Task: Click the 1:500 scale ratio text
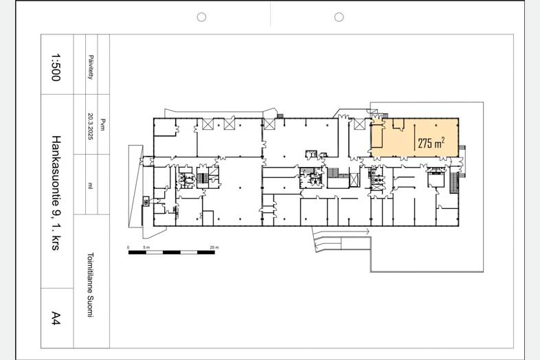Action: [x=56, y=67]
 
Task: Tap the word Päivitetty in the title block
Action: [x=91, y=67]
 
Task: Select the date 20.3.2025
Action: [x=91, y=126]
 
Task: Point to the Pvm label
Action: [x=102, y=124]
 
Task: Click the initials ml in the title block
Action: [x=90, y=185]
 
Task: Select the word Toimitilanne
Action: [x=90, y=273]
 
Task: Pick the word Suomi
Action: [x=90, y=306]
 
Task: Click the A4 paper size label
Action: [x=56, y=317]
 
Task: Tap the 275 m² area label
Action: [x=431, y=142]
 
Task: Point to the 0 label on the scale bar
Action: [x=128, y=247]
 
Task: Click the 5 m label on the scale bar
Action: [x=146, y=247]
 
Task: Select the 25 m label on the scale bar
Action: [x=214, y=247]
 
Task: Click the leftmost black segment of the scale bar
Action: [x=137, y=253]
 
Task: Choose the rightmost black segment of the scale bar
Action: [x=206, y=253]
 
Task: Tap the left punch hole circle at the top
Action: [x=201, y=17]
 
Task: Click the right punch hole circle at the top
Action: [x=339, y=17]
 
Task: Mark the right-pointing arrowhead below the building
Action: [x=368, y=232]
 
